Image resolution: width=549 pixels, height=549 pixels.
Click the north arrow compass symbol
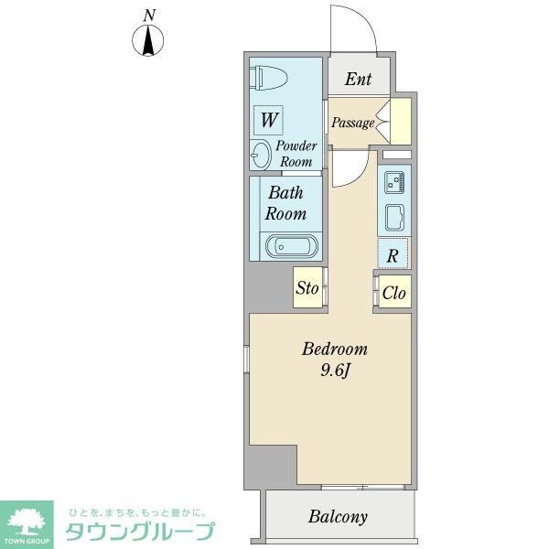[x=148, y=41]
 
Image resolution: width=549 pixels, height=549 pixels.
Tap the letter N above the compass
[x=148, y=15]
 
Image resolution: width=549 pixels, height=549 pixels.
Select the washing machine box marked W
[x=269, y=119]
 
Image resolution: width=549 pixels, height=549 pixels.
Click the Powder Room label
[x=296, y=154]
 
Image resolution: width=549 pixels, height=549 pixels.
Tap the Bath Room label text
[x=285, y=203]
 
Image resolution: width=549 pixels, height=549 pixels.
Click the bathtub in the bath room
[x=291, y=245]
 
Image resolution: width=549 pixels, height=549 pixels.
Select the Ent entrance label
[x=358, y=79]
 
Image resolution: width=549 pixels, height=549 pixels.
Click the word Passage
[x=352, y=123]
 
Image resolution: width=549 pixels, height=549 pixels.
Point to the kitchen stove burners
[x=395, y=182]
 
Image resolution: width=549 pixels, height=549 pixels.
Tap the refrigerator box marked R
[x=393, y=255]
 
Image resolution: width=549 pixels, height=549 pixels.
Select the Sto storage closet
[x=307, y=289]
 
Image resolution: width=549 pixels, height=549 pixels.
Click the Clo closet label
[x=393, y=293]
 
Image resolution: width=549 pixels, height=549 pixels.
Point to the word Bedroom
[x=335, y=349]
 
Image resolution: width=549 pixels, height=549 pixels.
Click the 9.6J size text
[x=335, y=371]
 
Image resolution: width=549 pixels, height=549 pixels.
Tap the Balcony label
[x=338, y=517]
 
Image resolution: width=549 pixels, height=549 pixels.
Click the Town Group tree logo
[x=27, y=522]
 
